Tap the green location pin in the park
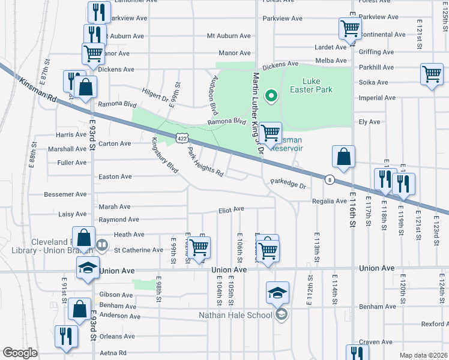click(271, 95)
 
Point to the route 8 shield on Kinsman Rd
click(330, 179)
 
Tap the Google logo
click(20, 352)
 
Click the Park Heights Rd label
click(205, 162)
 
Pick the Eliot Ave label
click(231, 209)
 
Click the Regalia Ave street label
click(329, 202)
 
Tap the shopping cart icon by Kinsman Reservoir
click(271, 132)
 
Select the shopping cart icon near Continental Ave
click(349, 27)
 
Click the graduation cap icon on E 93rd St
click(88, 268)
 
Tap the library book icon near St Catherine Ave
click(102, 245)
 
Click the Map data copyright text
click(423, 355)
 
